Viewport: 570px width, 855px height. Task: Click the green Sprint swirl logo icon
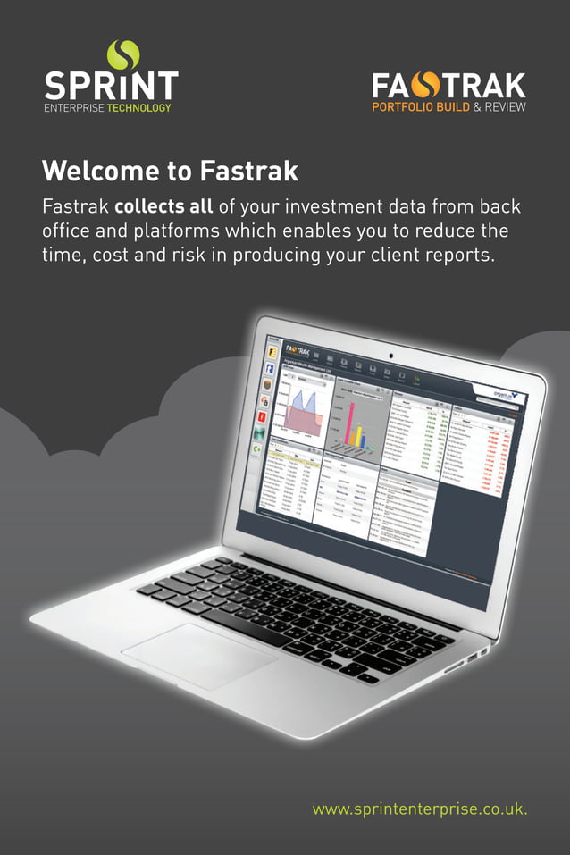[123, 54]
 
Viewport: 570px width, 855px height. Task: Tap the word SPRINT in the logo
[111, 87]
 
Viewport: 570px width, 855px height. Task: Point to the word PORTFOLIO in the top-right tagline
[402, 107]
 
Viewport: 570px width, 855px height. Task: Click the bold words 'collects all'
[163, 207]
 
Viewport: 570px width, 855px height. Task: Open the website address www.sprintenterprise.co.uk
[420, 809]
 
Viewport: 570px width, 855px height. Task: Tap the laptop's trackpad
[198, 655]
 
